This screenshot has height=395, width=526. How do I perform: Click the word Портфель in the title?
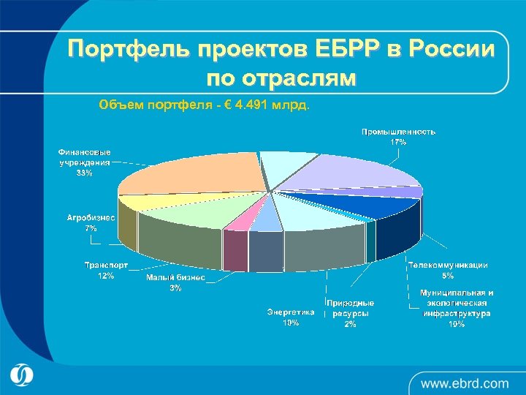click(x=125, y=50)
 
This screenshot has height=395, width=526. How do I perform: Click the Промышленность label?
click(x=399, y=132)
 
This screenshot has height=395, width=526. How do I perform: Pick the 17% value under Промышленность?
click(x=399, y=142)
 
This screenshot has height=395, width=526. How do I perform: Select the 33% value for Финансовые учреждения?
click(x=85, y=173)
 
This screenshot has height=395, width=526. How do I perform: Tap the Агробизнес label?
click(x=91, y=218)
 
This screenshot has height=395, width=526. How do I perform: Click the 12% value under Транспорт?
click(x=106, y=276)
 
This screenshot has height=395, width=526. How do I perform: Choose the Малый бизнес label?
click(x=175, y=278)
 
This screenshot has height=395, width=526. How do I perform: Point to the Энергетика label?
click(x=291, y=312)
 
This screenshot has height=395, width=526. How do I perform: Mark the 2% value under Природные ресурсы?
click(x=351, y=323)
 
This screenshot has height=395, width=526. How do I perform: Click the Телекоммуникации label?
click(x=448, y=266)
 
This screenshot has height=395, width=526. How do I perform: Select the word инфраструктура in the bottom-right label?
click(x=457, y=313)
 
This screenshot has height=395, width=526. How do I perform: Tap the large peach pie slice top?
click(x=190, y=176)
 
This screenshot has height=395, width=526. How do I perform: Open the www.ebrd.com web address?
click(x=465, y=383)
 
